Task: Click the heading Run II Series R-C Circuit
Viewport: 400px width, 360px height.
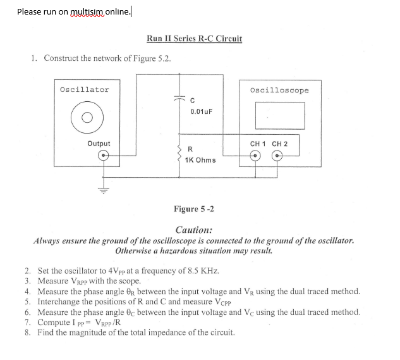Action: point(194,39)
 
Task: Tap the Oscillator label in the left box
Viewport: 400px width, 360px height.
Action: point(84,89)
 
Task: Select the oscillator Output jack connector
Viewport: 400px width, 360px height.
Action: point(97,156)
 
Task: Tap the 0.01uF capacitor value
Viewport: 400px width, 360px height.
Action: point(202,111)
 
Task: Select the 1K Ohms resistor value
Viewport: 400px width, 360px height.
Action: point(200,160)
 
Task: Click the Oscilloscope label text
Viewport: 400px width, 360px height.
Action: point(279,90)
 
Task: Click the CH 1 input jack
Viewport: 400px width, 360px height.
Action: point(256,157)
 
